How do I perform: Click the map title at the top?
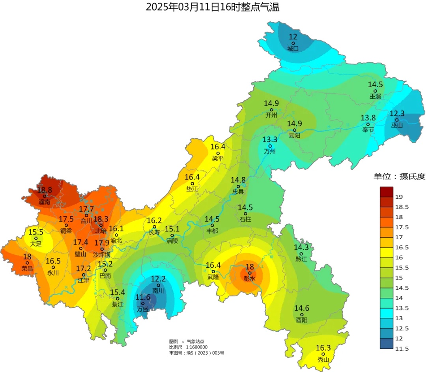pos(213,7)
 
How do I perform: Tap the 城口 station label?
pos(293,49)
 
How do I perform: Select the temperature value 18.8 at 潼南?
pos(45,190)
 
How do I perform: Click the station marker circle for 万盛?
pos(143,303)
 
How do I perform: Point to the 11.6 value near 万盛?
pos(143,297)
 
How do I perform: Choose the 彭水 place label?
pos(250,279)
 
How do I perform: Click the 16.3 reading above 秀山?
pos(323,348)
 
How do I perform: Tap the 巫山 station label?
pos(397,125)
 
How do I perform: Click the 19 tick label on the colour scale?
pos(398,197)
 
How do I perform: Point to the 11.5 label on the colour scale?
pos(401,348)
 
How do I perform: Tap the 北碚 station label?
pos(101,231)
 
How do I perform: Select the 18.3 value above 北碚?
pos(101,219)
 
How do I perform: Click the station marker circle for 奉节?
pos(368,124)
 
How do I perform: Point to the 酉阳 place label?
pos(302,320)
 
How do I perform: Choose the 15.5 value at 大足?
pos(36,232)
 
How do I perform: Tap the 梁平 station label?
pos(218,158)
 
